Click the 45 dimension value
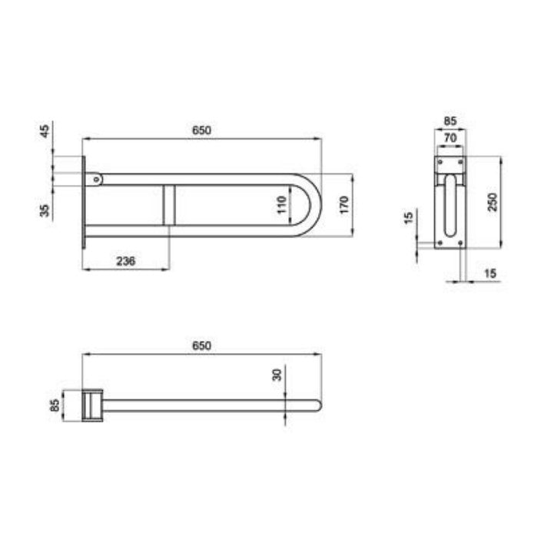(x=45, y=131)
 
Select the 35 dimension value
(x=45, y=210)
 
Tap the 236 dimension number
(x=125, y=261)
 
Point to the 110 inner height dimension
(x=282, y=205)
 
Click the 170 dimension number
(x=343, y=205)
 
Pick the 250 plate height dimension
(x=493, y=202)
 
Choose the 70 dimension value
(x=450, y=138)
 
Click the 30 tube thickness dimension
(x=277, y=375)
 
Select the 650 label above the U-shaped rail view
(x=201, y=131)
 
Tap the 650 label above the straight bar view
(x=201, y=346)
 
